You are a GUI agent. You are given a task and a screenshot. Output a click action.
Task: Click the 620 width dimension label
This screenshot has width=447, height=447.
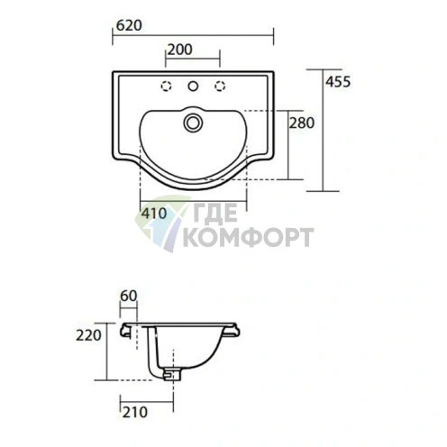click(x=129, y=26)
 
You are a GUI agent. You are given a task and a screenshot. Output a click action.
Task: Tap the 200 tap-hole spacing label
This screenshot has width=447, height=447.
click(x=180, y=50)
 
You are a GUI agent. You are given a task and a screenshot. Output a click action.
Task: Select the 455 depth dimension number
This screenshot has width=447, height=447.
click(x=338, y=82)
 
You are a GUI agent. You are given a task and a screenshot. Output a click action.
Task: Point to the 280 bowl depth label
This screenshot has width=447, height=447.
click(x=302, y=123)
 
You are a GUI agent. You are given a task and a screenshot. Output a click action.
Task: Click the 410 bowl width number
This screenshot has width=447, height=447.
click(x=154, y=214)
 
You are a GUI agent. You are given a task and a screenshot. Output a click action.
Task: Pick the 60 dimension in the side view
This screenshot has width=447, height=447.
click(x=129, y=296)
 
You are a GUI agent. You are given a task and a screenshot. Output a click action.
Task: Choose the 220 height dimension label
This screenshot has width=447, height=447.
click(x=88, y=335)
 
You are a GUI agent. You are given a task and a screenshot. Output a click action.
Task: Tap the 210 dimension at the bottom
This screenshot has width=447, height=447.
click(x=135, y=412)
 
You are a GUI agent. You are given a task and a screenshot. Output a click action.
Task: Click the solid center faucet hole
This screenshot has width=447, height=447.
click(x=193, y=87)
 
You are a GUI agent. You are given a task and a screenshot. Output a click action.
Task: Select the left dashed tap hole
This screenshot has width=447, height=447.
click(x=166, y=87)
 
